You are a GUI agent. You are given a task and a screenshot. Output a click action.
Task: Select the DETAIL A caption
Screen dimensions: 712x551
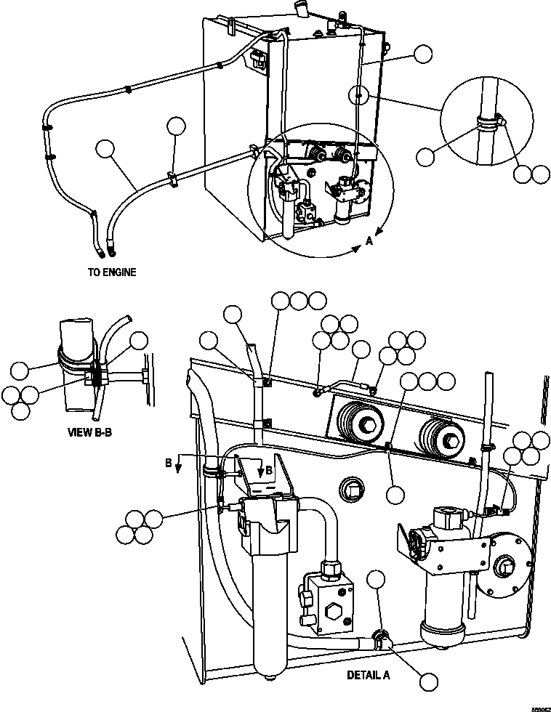pos(368,674)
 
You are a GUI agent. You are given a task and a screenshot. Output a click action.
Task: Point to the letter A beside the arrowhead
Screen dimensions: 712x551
pos(369,241)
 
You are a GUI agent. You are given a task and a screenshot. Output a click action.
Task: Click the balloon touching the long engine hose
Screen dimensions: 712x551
pos(106,150)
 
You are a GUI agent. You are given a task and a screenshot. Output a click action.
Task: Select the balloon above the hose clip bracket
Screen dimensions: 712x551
pos(175,126)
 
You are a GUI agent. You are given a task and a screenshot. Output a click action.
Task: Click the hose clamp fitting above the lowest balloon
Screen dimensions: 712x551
pos(379,639)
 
